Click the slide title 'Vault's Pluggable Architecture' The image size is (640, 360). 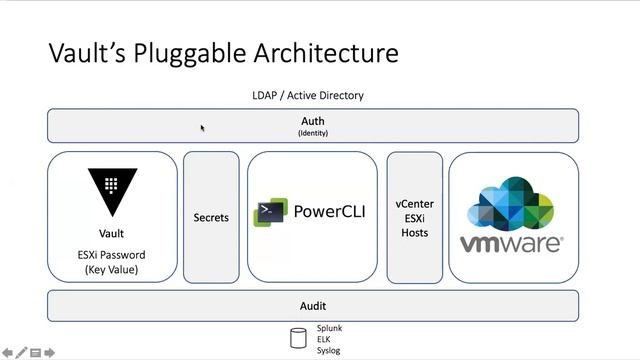(x=223, y=53)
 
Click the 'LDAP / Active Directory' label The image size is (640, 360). (x=308, y=96)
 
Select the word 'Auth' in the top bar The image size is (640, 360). (x=312, y=121)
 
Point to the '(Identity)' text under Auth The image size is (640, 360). (x=312, y=133)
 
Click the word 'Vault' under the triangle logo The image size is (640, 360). (x=111, y=233)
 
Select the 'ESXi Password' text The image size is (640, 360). (x=111, y=255)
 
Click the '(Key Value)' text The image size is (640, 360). (x=111, y=270)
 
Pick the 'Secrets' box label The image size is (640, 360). (x=211, y=217)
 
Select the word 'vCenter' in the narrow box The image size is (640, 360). (x=414, y=204)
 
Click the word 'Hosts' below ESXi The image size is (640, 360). (x=414, y=233)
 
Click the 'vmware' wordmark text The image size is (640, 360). (x=511, y=243)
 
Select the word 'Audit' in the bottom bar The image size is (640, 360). (x=312, y=306)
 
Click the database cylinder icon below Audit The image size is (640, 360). (x=298, y=338)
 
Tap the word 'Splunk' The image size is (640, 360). (x=330, y=327)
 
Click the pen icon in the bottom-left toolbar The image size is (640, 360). (x=21, y=352)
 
